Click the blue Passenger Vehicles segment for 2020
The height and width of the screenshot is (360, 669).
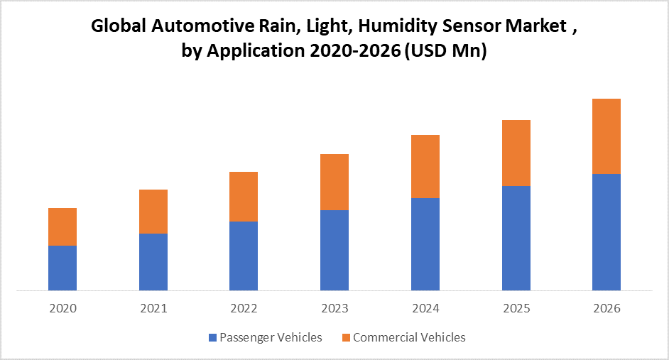pyautogui.click(x=62, y=268)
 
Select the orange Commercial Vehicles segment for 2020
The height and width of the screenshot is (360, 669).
pyautogui.click(x=62, y=227)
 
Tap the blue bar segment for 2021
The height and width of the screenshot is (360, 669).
pyautogui.click(x=153, y=261)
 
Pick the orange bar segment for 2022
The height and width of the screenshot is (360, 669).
pyautogui.click(x=244, y=197)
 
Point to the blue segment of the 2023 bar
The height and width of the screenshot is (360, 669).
pyautogui.click(x=334, y=250)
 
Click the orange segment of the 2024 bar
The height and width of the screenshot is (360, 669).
pyautogui.click(x=425, y=166)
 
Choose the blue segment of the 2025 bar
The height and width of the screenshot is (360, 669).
pyautogui.click(x=516, y=238)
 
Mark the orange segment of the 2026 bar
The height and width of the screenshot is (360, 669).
pyautogui.click(x=607, y=136)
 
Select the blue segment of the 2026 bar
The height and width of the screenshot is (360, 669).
pyautogui.click(x=607, y=232)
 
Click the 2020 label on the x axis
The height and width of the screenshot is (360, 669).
pyautogui.click(x=62, y=308)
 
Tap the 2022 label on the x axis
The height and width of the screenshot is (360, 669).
pyautogui.click(x=244, y=308)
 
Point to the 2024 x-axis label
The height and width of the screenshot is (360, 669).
pyautogui.click(x=425, y=308)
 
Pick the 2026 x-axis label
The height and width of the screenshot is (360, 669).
pyautogui.click(x=607, y=308)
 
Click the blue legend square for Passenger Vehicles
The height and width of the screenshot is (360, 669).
pyautogui.click(x=213, y=338)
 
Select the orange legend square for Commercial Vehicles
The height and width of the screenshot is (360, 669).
pyautogui.click(x=346, y=338)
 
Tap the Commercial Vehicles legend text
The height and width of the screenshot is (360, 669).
pyautogui.click(x=409, y=337)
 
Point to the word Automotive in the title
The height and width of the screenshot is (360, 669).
pyautogui.click(x=201, y=28)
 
